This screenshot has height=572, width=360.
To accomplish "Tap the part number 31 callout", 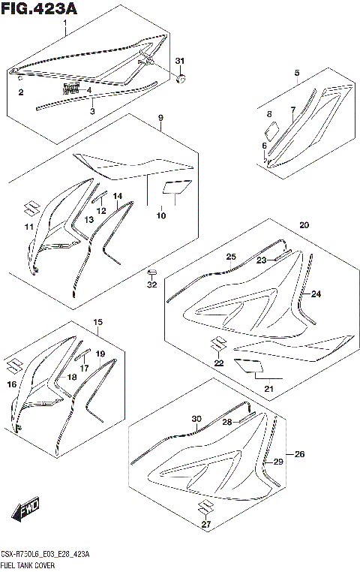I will [x=179, y=60].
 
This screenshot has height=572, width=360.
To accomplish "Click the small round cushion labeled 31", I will [x=180, y=77].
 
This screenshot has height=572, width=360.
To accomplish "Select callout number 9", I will [x=160, y=119].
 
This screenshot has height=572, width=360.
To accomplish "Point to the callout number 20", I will [x=304, y=225].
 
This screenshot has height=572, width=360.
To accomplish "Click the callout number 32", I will [x=151, y=284].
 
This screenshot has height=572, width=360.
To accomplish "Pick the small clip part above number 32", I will [x=151, y=271].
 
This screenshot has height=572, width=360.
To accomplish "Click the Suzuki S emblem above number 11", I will [x=29, y=208].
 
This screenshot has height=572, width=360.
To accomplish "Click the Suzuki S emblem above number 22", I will [x=217, y=345].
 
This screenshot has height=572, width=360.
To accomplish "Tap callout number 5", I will [x=296, y=73].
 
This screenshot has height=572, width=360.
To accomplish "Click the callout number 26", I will [x=300, y=454].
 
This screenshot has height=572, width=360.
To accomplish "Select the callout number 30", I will [x=196, y=419].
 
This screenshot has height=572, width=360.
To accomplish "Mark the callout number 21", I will [x=268, y=388].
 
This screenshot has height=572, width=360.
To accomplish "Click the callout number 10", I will [x=160, y=216].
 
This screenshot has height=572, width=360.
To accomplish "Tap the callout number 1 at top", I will [x=64, y=24].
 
